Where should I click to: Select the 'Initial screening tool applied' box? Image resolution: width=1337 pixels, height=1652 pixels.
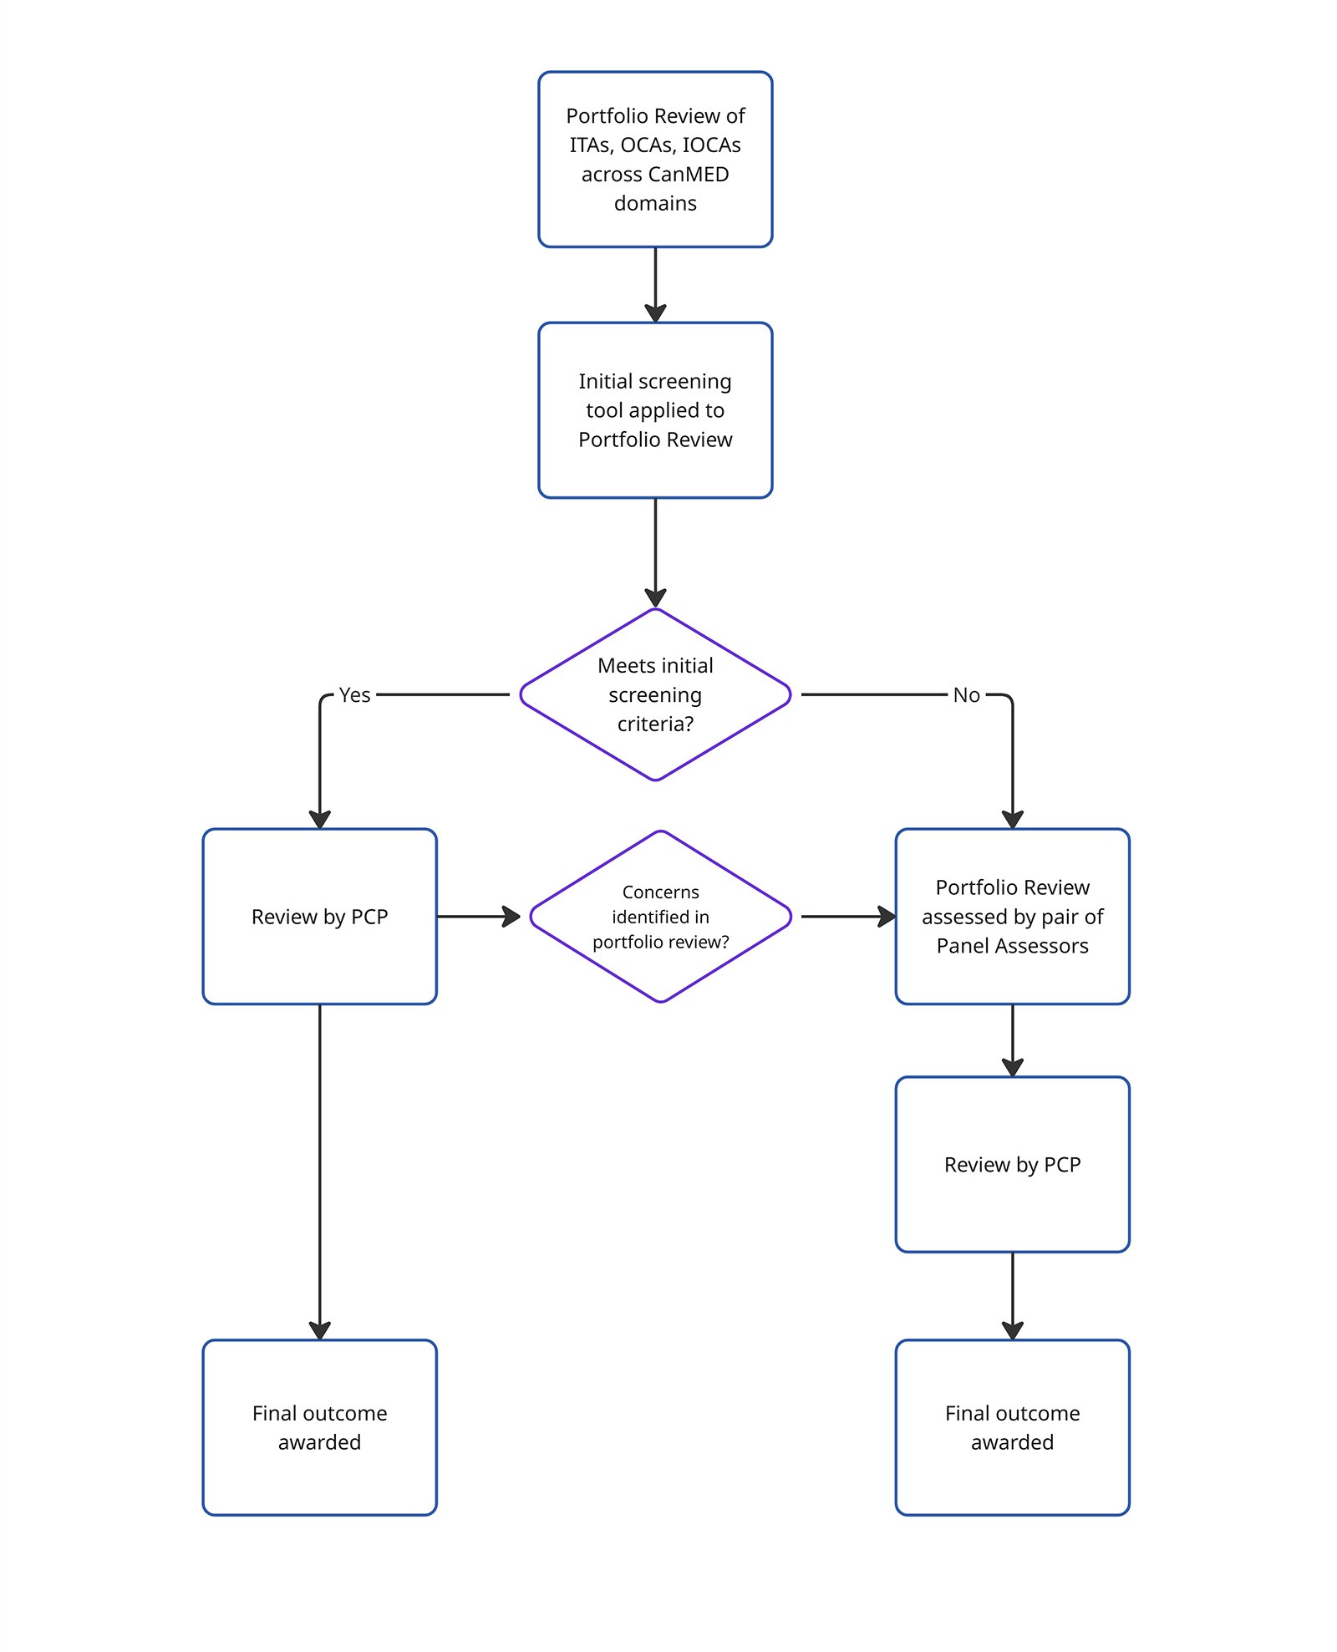point(654,409)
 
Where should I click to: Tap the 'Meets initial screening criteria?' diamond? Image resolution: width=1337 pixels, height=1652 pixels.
point(654,694)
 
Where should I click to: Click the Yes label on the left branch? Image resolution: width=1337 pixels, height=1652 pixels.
point(354,695)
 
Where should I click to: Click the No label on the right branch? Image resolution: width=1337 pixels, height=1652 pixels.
point(966,695)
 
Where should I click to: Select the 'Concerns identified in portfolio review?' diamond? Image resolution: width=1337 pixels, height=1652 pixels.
point(660,917)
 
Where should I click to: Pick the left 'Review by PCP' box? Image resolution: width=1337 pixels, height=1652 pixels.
point(319,917)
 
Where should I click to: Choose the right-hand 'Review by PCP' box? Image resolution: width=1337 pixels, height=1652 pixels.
point(1012,1164)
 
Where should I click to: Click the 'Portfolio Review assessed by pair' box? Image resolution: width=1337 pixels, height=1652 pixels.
point(1012,917)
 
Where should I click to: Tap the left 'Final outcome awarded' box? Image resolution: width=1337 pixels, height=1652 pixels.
point(319,1427)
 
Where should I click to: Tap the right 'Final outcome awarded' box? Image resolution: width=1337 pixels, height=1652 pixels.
point(1012,1427)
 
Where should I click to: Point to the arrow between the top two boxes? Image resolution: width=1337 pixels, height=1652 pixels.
point(655,284)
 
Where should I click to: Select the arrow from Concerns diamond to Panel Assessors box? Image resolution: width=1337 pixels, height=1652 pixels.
point(847,917)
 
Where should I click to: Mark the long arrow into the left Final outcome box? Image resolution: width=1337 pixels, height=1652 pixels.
point(319,1170)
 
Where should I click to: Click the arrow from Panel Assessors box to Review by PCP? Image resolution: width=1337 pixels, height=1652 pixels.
point(1012,1039)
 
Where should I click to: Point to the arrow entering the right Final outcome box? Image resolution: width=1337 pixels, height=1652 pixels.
point(1012,1295)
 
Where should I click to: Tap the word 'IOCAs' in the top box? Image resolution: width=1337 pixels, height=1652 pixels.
point(711,145)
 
